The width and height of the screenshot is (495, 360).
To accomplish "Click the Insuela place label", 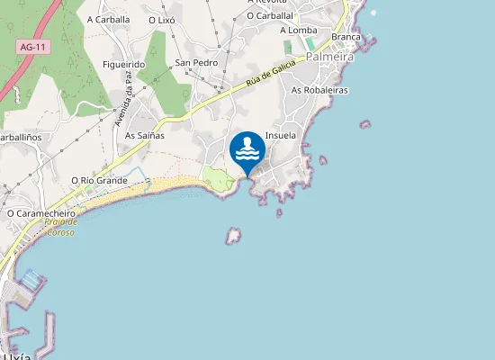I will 282,135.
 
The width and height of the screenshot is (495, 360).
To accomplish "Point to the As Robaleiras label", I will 319,91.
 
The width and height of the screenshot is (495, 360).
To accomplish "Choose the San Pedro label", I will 196,63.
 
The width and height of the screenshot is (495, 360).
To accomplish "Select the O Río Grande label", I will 99,180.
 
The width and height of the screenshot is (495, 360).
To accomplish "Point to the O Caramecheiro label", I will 40,213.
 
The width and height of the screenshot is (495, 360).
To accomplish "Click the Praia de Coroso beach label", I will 61,226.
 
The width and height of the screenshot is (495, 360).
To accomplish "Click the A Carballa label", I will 109,19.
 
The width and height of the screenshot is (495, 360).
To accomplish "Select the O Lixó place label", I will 162,19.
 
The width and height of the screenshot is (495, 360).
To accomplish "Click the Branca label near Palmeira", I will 346,37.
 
